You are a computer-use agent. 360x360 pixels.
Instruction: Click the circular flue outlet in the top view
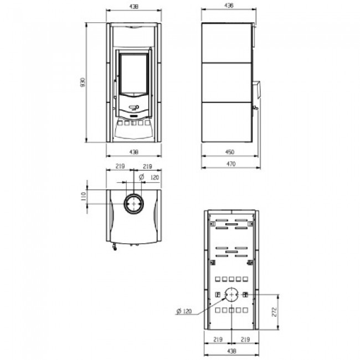133,204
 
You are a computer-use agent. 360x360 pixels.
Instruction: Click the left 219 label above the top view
120,166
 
